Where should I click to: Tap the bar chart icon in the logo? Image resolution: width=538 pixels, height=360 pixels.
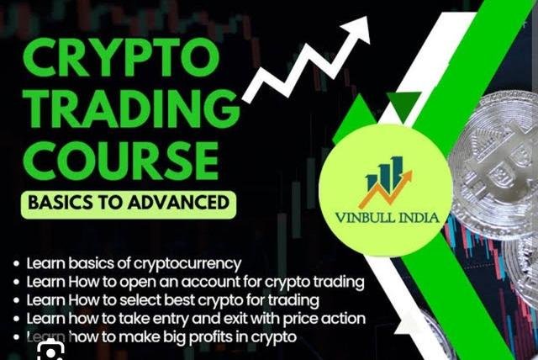[382, 174]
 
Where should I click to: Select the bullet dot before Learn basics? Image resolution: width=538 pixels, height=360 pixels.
[17, 264]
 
